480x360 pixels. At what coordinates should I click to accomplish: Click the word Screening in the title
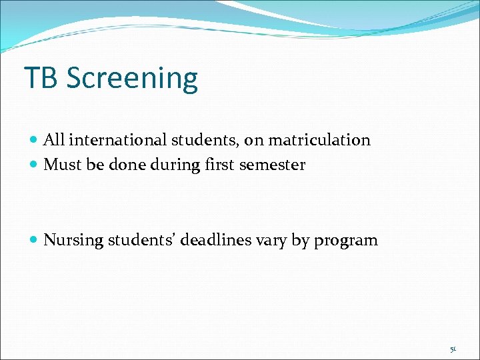(132, 79)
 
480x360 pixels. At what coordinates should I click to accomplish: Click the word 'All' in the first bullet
(54, 140)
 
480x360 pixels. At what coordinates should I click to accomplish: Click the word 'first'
(218, 165)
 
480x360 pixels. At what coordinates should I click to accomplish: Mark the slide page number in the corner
(453, 349)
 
